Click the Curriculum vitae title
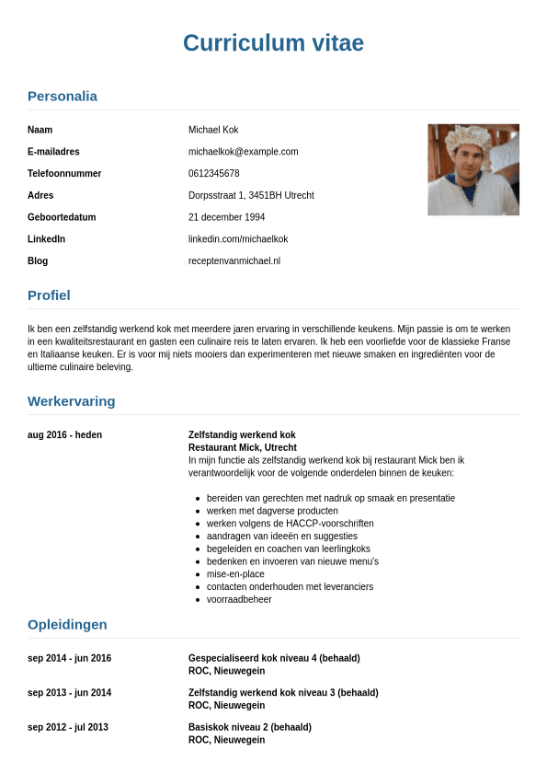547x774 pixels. tap(273, 43)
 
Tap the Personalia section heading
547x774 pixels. tap(63, 96)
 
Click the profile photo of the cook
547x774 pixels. tap(473, 169)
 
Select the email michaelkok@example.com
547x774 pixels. tap(243, 152)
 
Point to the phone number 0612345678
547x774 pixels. tap(214, 174)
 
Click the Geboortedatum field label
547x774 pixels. tap(62, 217)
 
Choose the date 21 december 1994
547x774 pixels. tap(226, 217)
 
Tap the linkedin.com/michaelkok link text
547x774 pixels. tap(238, 239)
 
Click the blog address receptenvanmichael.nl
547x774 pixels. tap(234, 261)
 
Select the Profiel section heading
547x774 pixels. tap(49, 295)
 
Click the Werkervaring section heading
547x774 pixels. tap(72, 401)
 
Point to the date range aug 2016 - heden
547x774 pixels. tap(64, 435)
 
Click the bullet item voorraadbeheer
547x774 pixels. tap(239, 600)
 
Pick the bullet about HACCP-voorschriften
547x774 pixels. tap(290, 524)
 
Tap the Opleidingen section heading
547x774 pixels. tap(67, 625)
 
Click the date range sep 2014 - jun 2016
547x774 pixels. tap(69, 659)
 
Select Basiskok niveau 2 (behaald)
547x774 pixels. tap(250, 727)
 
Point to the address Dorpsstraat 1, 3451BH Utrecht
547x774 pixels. tap(251, 196)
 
